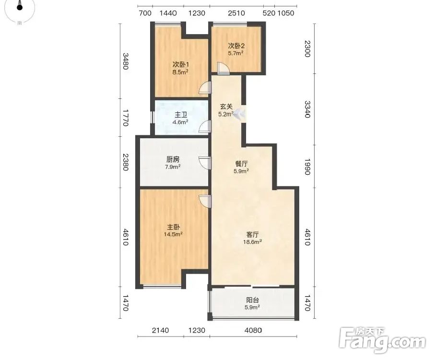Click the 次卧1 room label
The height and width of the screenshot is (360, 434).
pyautogui.click(x=181, y=65)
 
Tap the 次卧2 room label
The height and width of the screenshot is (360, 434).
pyautogui.click(x=236, y=46)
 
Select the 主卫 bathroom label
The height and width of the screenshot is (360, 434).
pyautogui.click(x=181, y=115)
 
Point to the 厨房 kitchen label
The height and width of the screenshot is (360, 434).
pyautogui.click(x=173, y=159)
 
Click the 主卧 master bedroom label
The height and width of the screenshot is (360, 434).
pyautogui.click(x=173, y=227)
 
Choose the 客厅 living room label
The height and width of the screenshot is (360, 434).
pyautogui.click(x=252, y=235)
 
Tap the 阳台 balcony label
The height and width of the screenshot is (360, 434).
pyautogui.click(x=252, y=300)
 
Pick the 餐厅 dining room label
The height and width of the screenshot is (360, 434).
pyautogui.click(x=241, y=164)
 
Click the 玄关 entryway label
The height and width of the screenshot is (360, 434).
pyautogui.click(x=226, y=107)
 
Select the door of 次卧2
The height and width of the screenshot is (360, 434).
pyautogui.click(x=223, y=68)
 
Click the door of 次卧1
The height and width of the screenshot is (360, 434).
pyautogui.click(x=205, y=89)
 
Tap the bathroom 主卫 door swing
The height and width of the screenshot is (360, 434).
pyautogui.click(x=205, y=127)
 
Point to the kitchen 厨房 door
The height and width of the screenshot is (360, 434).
pyautogui.click(x=205, y=163)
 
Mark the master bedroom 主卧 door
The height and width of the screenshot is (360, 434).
pyautogui.click(x=205, y=202)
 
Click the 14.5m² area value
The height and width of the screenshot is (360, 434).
pyautogui.click(x=173, y=234)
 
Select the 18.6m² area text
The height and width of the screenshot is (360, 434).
pyautogui.click(x=252, y=241)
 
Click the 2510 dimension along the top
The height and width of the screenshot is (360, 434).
pyautogui.click(x=236, y=13)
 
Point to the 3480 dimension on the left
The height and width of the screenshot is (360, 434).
pyautogui.click(x=126, y=61)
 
